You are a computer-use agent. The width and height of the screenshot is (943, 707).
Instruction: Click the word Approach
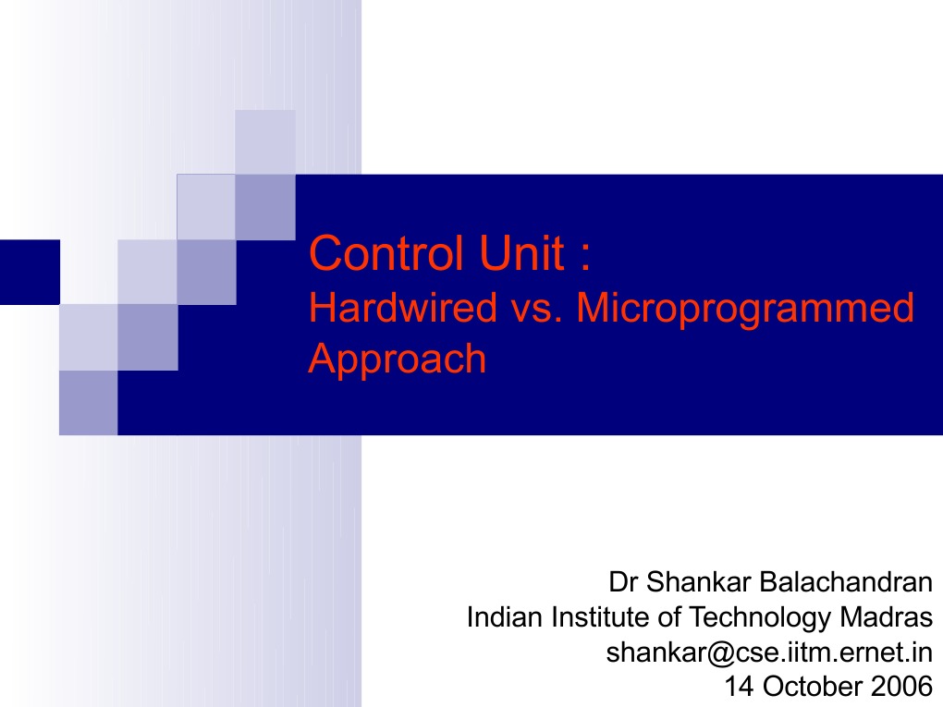(x=398, y=359)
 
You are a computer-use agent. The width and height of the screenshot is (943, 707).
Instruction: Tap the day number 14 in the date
(x=738, y=686)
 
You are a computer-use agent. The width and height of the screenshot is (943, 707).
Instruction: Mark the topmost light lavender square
(x=265, y=141)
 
